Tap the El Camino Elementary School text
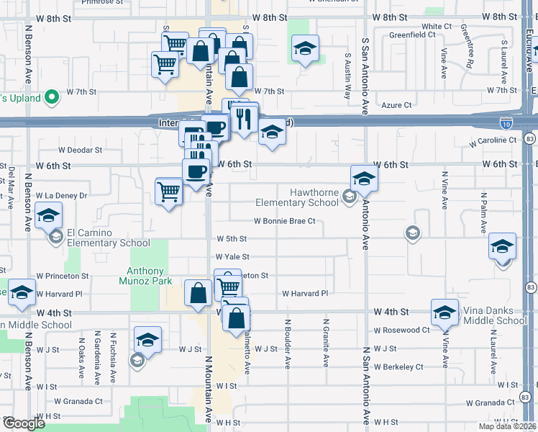coord(109,238)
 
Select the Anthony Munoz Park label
coord(150,276)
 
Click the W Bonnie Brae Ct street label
coord(284,221)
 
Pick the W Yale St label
coord(232,256)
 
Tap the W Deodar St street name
coord(80,150)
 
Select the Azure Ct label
coord(397,105)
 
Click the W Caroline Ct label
coord(493,140)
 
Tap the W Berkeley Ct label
coord(398,366)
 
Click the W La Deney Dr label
coord(61,195)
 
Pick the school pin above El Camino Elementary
coord(49,215)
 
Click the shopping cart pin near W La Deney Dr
coord(168,192)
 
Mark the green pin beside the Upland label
coord(51,96)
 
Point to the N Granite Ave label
coord(325,343)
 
